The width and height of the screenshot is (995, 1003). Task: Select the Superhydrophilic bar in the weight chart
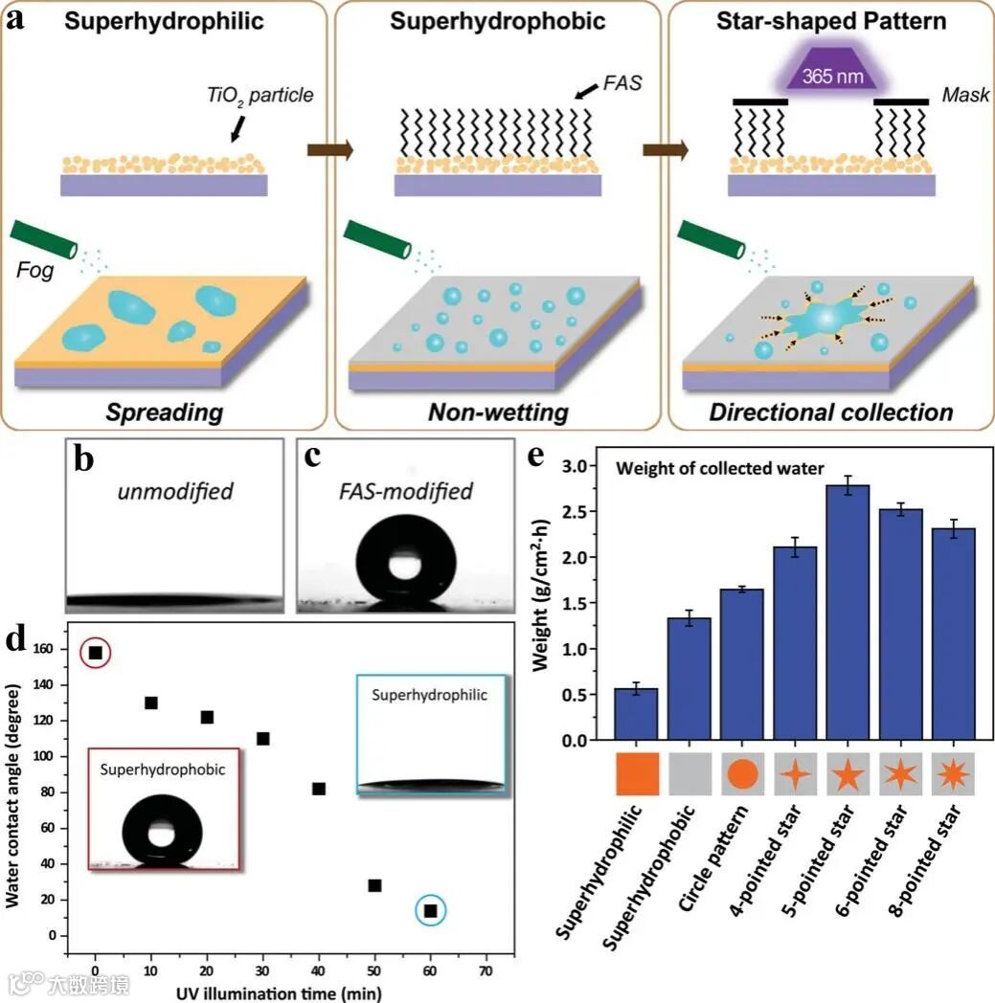click(635, 714)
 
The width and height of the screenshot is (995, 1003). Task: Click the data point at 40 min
click(319, 789)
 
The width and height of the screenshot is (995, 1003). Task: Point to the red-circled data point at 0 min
click(95, 653)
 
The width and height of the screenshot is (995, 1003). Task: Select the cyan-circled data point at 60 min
click(431, 911)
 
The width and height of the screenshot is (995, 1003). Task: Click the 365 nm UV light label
click(803, 77)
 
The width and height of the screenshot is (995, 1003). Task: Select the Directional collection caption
click(830, 412)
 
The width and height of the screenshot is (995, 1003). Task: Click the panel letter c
click(312, 457)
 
